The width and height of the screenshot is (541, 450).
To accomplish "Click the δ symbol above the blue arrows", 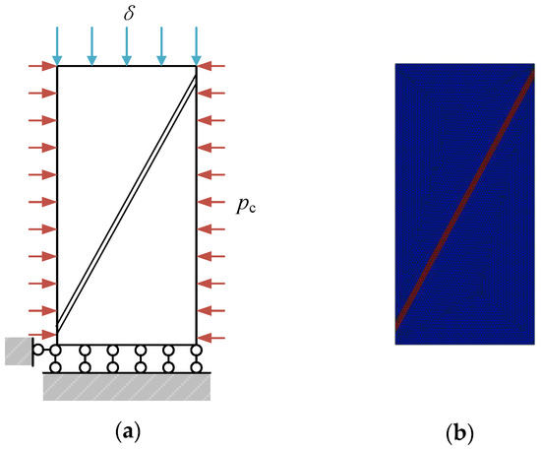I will click(126, 14).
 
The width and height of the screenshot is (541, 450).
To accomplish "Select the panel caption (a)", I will click(126, 430).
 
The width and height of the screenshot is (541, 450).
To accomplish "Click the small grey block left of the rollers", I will click(18, 351).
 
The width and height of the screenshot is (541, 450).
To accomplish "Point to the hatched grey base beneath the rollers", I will click(126, 387).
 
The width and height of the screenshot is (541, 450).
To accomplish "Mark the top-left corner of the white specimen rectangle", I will click(57, 66).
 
